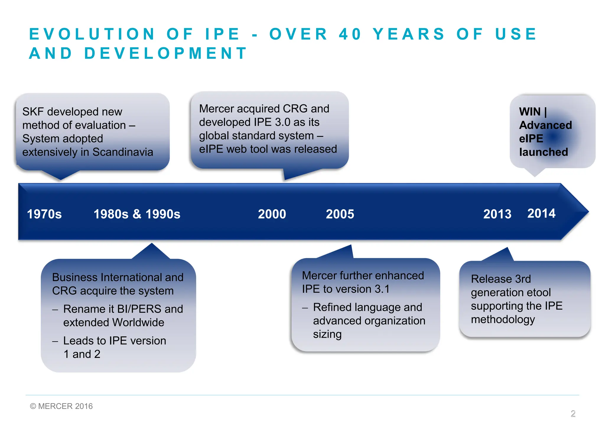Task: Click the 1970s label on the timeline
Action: (x=44, y=214)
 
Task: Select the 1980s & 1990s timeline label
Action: (x=137, y=214)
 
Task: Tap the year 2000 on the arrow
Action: (x=272, y=214)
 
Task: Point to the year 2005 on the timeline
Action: (x=340, y=214)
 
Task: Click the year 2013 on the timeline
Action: (x=497, y=214)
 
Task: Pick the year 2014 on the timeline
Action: (x=541, y=213)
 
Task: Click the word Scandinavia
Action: (x=123, y=152)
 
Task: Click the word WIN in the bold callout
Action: (x=530, y=112)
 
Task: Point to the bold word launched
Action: (x=544, y=152)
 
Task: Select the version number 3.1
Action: (x=382, y=289)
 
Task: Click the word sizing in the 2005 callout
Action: (x=327, y=334)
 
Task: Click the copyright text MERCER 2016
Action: (x=65, y=406)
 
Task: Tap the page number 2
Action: (x=573, y=413)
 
